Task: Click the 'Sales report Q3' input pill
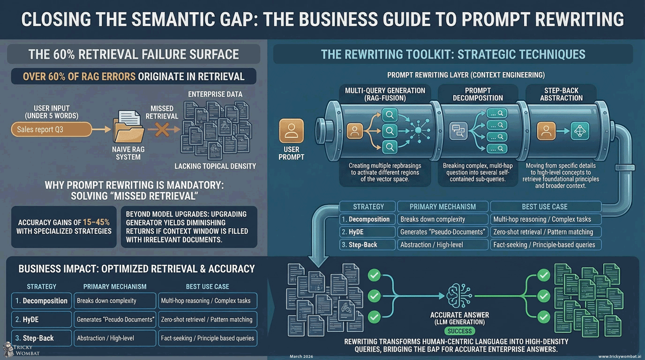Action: pos(51,129)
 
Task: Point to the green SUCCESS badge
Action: pos(459,331)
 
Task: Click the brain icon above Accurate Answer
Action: pos(459,296)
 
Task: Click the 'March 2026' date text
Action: pos(301,357)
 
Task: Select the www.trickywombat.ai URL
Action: pos(619,357)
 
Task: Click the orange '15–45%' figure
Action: pos(94,222)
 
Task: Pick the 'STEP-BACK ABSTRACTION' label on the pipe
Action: pos(561,94)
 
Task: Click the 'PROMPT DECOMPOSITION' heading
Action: pos(478,94)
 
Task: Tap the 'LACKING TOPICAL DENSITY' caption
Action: pos(215,166)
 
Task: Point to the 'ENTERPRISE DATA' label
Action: pos(215,94)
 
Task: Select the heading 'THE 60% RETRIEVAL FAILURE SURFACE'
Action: pos(134,54)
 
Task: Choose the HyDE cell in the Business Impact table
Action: pos(41,319)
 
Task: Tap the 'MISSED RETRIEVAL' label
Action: pos(162,112)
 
